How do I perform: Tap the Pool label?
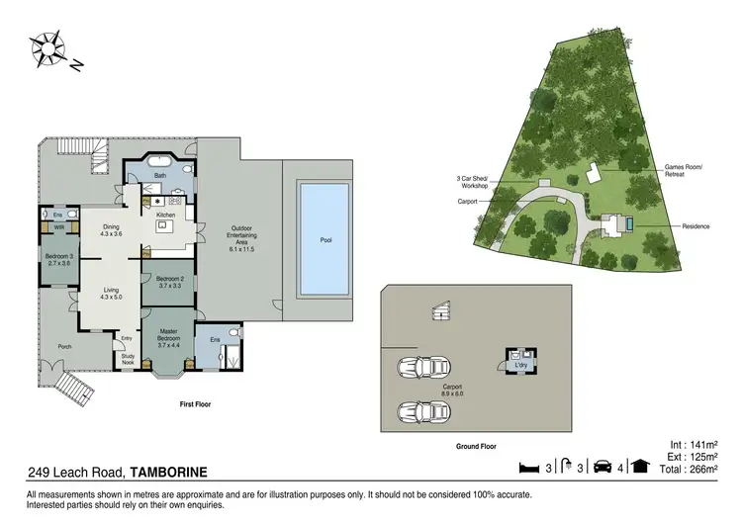pyautogui.click(x=325, y=240)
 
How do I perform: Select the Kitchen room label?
pyautogui.click(x=165, y=214)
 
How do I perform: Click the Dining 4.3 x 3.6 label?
pyautogui.click(x=111, y=230)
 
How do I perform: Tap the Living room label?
pyautogui.click(x=111, y=294)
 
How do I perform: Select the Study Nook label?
pyautogui.click(x=128, y=360)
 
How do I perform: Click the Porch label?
pyautogui.click(x=64, y=346)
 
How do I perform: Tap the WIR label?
pyautogui.click(x=58, y=226)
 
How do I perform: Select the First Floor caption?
pyautogui.click(x=197, y=404)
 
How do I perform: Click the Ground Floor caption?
pyautogui.click(x=475, y=446)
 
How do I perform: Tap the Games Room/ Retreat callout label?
pyautogui.click(x=682, y=171)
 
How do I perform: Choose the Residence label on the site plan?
pyautogui.click(x=696, y=226)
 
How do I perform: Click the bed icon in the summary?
pyautogui.click(x=528, y=467)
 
